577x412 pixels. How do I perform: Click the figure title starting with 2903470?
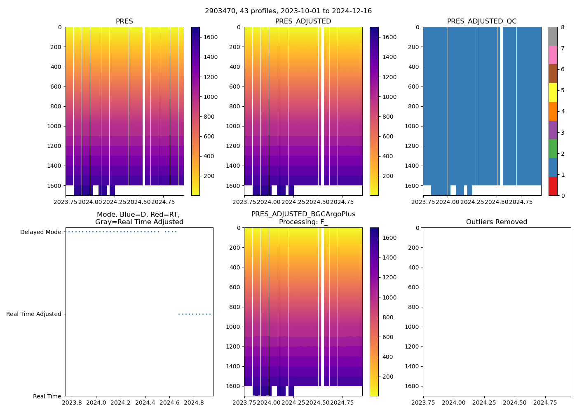(288, 11)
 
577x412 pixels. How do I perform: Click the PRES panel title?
(124, 21)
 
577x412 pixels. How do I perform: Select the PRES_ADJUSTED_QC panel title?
(482, 21)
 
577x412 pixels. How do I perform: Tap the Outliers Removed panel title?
(497, 222)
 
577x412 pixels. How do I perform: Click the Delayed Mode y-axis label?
(40, 232)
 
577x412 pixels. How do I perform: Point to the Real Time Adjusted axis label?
(33, 314)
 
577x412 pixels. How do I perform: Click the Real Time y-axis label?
(47, 396)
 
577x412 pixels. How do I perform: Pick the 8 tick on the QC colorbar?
(563, 27)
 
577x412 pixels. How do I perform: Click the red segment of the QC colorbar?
(553, 186)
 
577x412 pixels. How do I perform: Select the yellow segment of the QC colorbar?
(553, 92)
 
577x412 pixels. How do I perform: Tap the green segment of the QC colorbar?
(553, 148)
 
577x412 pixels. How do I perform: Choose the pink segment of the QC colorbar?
(553, 55)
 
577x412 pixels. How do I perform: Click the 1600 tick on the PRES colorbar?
(211, 37)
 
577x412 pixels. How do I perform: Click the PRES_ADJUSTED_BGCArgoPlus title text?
(303, 214)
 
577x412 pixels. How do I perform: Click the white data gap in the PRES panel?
(144, 103)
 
